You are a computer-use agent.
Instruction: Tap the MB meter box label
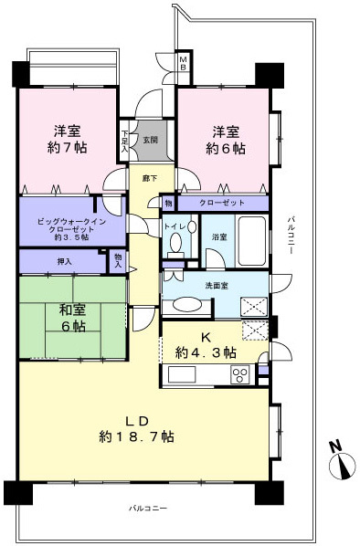183,63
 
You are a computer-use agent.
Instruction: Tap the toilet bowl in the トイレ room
175,242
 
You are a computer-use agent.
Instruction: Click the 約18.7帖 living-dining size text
138,437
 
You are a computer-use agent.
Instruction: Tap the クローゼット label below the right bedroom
222,203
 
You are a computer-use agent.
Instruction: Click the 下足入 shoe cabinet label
125,141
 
